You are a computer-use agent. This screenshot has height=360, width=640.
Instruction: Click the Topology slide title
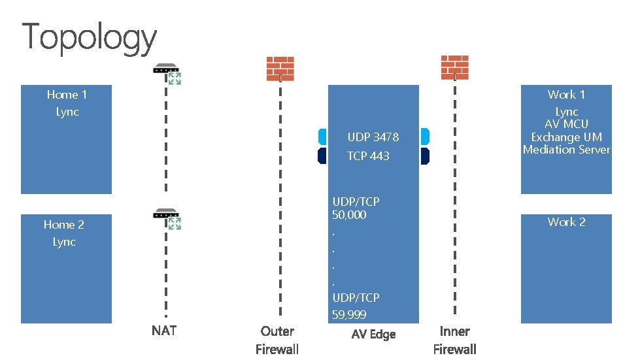pyautogui.click(x=90, y=37)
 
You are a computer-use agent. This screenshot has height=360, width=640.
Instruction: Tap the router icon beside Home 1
pyautogui.click(x=167, y=73)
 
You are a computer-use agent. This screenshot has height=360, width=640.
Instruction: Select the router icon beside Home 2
pyautogui.click(x=167, y=218)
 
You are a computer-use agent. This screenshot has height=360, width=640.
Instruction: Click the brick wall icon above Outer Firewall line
pyautogui.click(x=280, y=68)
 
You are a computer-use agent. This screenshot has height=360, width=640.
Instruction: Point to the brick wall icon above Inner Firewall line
pyautogui.click(x=454, y=66)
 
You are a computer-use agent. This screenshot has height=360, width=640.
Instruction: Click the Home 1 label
pyautogui.click(x=67, y=95)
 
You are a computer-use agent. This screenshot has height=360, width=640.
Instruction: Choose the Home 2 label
pyautogui.click(x=64, y=225)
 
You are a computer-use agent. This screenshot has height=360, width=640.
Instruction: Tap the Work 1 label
pyautogui.click(x=566, y=95)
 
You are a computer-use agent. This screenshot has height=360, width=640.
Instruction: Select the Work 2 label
pyautogui.click(x=566, y=222)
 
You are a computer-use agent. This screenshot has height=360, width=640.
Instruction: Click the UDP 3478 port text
pyautogui.click(x=373, y=137)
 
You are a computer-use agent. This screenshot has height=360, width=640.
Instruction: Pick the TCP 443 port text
pyautogui.click(x=368, y=156)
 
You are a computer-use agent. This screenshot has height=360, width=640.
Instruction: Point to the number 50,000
pyautogui.click(x=349, y=215)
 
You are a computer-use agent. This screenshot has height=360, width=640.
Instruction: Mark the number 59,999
pyautogui.click(x=349, y=315)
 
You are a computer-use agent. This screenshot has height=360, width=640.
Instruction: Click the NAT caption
pyautogui.click(x=164, y=331)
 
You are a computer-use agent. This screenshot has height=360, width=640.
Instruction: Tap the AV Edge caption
pyautogui.click(x=373, y=335)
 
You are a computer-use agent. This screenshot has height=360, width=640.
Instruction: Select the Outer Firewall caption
pyautogui.click(x=277, y=340)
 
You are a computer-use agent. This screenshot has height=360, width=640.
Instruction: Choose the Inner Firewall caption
pyautogui.click(x=454, y=340)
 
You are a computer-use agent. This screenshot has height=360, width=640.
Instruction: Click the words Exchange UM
pyautogui.click(x=566, y=137)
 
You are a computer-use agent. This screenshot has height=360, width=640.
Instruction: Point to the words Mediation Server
pyautogui.click(x=566, y=150)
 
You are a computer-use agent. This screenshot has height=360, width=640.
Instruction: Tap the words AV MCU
pyautogui.click(x=566, y=124)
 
